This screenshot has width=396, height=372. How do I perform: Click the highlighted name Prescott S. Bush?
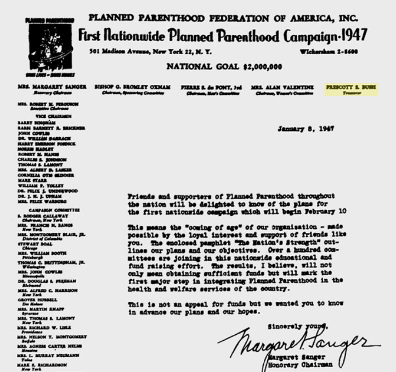coord(351,87)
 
